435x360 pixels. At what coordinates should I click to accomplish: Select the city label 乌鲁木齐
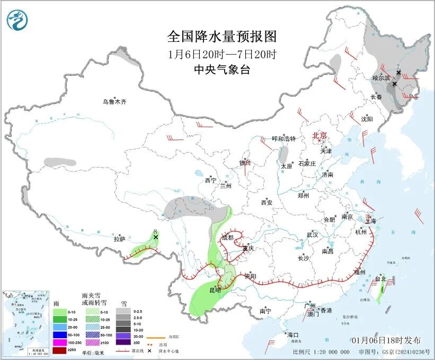(x=115, y=101)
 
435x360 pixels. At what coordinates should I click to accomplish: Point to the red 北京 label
(x=320, y=135)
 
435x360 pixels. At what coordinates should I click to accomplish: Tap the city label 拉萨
(x=119, y=239)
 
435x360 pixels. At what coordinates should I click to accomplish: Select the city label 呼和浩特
(x=283, y=139)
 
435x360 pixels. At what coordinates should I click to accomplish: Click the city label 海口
(x=293, y=335)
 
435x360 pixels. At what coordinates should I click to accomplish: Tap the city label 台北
(x=380, y=279)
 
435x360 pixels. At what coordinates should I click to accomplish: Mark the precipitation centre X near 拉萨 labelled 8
(x=156, y=238)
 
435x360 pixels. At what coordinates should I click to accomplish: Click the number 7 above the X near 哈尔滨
(x=398, y=67)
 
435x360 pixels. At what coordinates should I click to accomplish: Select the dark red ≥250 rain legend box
(x=59, y=350)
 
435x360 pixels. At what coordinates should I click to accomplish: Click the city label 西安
(x=266, y=203)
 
